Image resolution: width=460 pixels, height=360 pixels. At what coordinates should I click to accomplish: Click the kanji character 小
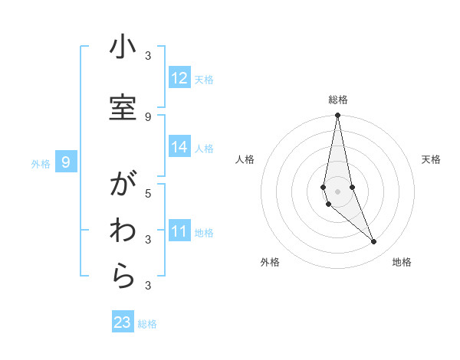pyautogui.click(x=122, y=47)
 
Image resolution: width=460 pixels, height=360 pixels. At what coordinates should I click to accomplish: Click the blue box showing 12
pyautogui.click(x=179, y=78)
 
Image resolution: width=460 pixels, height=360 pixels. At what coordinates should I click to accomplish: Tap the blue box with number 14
pyautogui.click(x=179, y=147)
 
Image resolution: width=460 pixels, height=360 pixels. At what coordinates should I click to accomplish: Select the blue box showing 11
pyautogui.click(x=179, y=231)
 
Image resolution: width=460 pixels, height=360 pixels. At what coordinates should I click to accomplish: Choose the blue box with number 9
pyautogui.click(x=67, y=162)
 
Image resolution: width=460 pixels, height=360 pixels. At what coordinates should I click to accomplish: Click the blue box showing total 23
pyautogui.click(x=123, y=322)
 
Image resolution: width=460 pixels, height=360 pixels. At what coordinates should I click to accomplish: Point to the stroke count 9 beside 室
pyautogui.click(x=148, y=116)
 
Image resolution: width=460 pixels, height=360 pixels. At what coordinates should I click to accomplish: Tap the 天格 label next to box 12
pyautogui.click(x=204, y=79)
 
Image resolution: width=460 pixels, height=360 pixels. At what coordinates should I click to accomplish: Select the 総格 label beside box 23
pyautogui.click(x=147, y=324)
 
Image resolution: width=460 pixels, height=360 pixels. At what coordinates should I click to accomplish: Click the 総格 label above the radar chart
pyautogui.click(x=337, y=100)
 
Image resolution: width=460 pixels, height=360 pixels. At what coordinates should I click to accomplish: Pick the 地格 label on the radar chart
pyautogui.click(x=402, y=262)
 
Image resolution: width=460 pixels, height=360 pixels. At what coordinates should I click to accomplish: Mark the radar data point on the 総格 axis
pyautogui.click(x=337, y=116)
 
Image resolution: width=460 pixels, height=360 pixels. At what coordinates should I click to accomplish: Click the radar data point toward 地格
pyautogui.click(x=374, y=242)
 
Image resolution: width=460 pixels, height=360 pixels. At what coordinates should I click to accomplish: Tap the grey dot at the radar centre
pyautogui.click(x=337, y=191)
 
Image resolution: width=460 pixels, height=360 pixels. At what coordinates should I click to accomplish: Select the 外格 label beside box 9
pyautogui.click(x=41, y=163)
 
